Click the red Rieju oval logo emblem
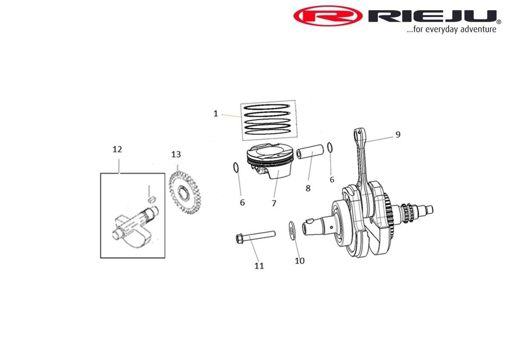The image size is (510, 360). [328, 17]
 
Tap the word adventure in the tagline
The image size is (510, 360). [476, 29]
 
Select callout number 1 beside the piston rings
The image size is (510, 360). [215, 113]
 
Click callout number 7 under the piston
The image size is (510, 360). [274, 204]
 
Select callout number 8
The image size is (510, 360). [308, 188]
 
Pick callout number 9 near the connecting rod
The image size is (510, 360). [397, 134]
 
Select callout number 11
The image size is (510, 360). [259, 266]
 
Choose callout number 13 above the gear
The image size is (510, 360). [176, 154]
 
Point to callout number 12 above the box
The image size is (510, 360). [117, 149]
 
